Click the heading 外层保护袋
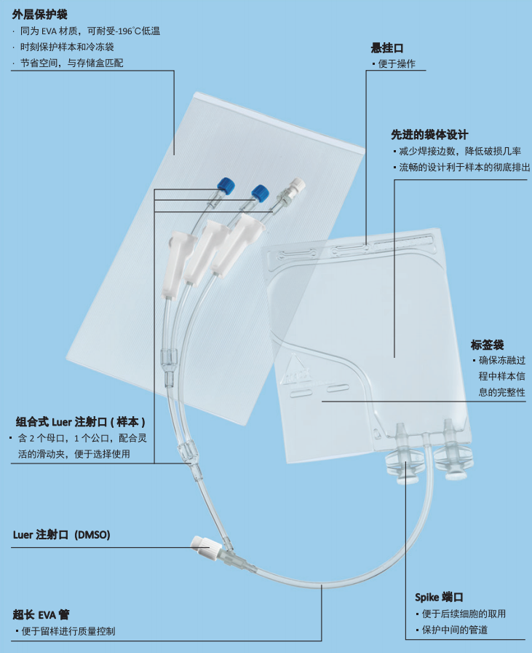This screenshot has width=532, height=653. (39, 15)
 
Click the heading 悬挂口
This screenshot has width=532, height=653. (387, 48)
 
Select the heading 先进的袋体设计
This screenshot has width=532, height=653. (429, 135)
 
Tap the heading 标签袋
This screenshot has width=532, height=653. (487, 345)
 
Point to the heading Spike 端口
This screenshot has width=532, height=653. (439, 597)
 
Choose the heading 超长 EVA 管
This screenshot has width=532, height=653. (41, 614)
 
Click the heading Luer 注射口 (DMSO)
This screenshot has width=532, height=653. (62, 535)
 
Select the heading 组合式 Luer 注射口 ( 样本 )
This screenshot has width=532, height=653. (81, 422)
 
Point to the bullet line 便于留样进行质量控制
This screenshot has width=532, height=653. (65, 631)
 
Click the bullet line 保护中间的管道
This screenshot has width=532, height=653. (452, 630)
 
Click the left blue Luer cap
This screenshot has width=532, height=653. (226, 185)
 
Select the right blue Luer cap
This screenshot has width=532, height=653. (260, 193)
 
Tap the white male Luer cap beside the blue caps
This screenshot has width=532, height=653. (297, 184)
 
